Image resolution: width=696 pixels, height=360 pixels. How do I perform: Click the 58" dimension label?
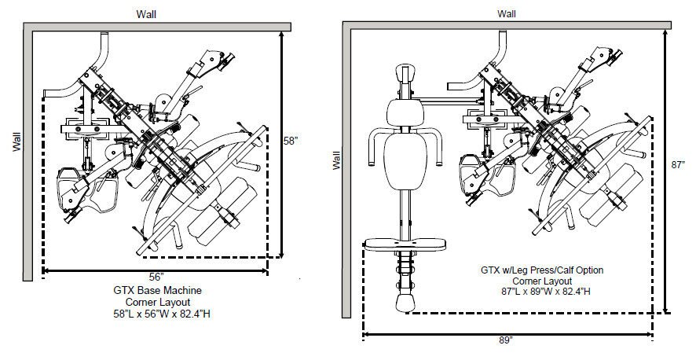pyautogui.click(x=291, y=141)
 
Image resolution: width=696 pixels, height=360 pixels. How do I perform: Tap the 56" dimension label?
pyautogui.click(x=156, y=277)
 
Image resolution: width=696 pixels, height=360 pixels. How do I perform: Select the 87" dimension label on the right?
pyautogui.click(x=678, y=164)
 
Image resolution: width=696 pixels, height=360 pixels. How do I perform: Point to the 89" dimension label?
pyautogui.click(x=505, y=340)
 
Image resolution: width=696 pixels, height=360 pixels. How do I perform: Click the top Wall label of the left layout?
pyautogui.click(x=146, y=14)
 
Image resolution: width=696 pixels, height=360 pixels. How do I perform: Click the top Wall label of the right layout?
pyautogui.click(x=507, y=14)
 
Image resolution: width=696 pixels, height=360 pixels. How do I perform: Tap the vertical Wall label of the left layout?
pyautogui.click(x=16, y=141)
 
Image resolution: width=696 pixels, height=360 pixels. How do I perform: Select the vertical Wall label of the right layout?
pyautogui.click(x=336, y=160)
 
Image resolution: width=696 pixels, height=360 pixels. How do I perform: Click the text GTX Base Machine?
pyautogui.click(x=158, y=291)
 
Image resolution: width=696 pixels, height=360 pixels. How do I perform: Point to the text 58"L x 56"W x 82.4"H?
pyautogui.click(x=162, y=314)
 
